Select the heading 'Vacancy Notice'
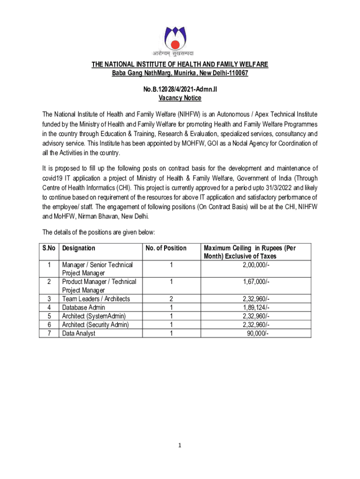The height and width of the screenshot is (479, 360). click(180, 98)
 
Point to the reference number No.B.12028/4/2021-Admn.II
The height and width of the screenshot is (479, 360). click(180, 89)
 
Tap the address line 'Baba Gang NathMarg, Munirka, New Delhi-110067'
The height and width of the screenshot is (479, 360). click(180, 73)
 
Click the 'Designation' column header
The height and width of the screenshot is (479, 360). click(79, 248)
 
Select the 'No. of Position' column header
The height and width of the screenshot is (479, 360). click(166, 248)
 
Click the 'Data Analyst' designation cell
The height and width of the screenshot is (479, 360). click(79, 333)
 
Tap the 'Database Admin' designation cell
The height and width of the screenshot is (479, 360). click(84, 307)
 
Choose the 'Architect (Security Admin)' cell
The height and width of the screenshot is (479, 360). click(96, 325)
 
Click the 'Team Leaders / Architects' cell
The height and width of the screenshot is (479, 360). click(96, 299)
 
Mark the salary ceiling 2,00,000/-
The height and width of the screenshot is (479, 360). click(256, 265)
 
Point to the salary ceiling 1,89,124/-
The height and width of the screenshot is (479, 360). click(256, 307)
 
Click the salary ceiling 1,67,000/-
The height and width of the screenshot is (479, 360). click(256, 282)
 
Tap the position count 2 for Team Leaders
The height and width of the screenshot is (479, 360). click(172, 299)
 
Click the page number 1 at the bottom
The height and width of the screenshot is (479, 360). click(180, 445)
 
